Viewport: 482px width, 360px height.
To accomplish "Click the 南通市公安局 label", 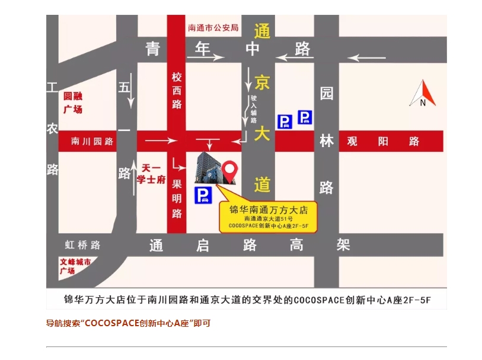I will (x=213, y=27).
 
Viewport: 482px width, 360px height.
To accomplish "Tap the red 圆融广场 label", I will (x=73, y=102).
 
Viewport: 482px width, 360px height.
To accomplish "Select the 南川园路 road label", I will (x=92, y=141).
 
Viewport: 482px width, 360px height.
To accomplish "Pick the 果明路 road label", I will (x=177, y=196).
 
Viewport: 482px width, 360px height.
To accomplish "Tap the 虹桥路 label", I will (x=83, y=244).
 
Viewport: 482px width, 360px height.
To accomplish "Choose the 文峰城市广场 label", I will (x=75, y=266).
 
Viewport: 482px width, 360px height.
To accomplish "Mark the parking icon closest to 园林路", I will (x=305, y=117).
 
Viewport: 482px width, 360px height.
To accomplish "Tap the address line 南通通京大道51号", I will (x=268, y=219).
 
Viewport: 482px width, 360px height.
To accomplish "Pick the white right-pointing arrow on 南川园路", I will (x=161, y=141).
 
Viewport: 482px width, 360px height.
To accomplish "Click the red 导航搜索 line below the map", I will (x=128, y=323).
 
